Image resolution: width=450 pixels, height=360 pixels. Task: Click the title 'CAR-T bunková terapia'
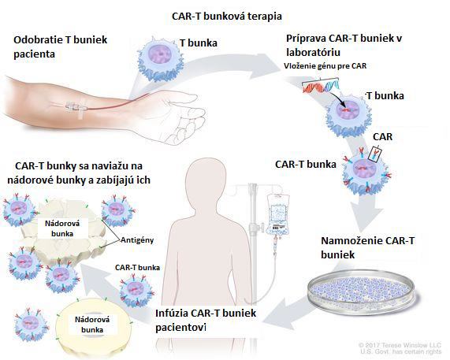tap(227, 16)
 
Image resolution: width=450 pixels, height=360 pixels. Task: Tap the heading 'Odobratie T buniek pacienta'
tap(60, 46)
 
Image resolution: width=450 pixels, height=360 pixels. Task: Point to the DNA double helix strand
tap(321, 86)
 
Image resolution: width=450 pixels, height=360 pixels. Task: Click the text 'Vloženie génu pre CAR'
tap(325, 65)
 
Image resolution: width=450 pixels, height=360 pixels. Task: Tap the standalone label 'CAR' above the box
tap(382, 137)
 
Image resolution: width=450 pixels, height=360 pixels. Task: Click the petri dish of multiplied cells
tap(361, 291)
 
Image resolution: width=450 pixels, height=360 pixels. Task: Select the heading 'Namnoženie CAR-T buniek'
tap(367, 247)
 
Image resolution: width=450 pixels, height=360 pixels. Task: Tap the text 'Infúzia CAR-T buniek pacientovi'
tap(206, 320)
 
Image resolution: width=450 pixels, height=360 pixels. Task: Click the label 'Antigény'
tap(137, 240)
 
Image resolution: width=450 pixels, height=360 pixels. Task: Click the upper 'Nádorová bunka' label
tap(62, 228)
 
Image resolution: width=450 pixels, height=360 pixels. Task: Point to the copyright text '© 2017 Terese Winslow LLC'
tap(400, 345)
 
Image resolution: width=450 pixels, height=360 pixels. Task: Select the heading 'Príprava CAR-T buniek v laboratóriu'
tap(344, 46)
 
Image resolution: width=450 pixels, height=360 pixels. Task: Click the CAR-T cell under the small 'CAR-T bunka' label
tap(136, 290)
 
